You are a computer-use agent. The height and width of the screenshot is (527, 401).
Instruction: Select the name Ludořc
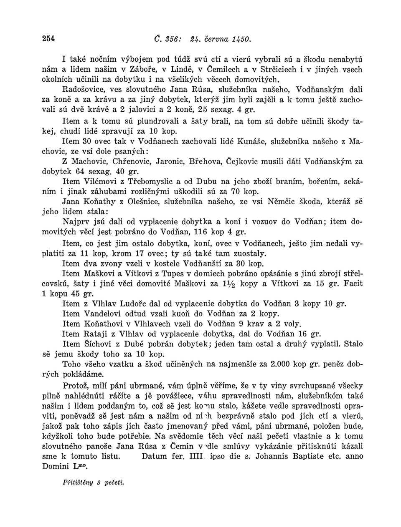134,304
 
